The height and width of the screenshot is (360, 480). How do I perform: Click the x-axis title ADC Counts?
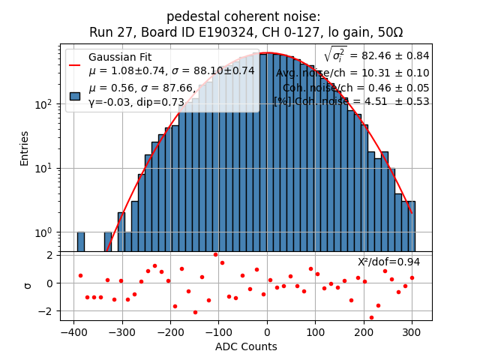[x=246, y=346]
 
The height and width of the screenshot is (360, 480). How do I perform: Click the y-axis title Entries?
[x=24, y=148]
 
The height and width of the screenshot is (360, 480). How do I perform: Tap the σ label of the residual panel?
[x=28, y=285]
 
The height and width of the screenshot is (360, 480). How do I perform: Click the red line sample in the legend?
[x=75, y=64]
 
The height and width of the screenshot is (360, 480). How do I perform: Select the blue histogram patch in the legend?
[x=75, y=96]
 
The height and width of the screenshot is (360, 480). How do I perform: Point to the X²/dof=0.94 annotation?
[x=388, y=262]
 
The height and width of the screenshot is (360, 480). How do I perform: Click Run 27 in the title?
[x=109, y=32]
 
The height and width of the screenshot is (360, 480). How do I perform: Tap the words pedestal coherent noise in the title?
[x=243, y=16]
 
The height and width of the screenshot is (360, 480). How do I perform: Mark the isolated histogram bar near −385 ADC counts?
[x=80, y=241]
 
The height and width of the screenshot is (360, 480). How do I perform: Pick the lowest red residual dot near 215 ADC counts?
[x=371, y=317]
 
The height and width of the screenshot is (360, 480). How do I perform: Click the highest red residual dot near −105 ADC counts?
[x=215, y=254]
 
